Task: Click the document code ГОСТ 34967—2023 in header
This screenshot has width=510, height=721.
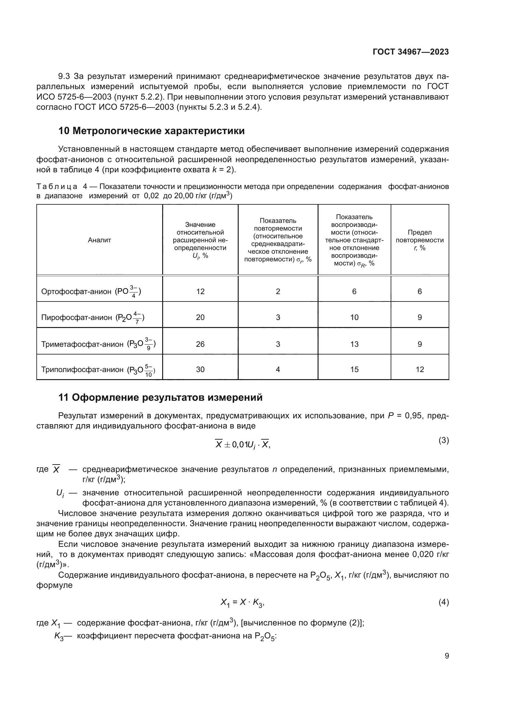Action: click(410, 52)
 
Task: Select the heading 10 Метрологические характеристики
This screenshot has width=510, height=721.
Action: click(151, 131)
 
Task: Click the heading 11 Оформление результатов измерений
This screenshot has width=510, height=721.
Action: click(160, 398)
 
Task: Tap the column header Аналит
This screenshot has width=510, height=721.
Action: click(99, 240)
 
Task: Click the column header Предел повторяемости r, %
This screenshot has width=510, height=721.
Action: click(420, 240)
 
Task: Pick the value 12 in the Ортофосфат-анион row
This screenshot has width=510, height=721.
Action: click(200, 291)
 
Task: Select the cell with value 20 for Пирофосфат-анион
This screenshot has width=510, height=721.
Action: click(200, 317)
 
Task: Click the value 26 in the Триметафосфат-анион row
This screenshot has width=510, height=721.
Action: click(200, 344)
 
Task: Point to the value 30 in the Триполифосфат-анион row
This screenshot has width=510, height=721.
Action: click(200, 370)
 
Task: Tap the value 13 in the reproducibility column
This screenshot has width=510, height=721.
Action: click(354, 344)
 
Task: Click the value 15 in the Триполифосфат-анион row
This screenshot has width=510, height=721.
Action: click(354, 370)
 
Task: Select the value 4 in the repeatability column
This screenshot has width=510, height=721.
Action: click(278, 370)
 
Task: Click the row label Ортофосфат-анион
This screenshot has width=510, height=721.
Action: click(76, 291)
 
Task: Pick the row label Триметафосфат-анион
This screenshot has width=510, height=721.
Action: click(82, 344)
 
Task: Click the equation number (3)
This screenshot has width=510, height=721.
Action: click(443, 440)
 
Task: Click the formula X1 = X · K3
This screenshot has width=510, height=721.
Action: click(242, 602)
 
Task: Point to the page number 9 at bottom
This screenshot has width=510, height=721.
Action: click(446, 656)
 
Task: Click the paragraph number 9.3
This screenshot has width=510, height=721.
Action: click(64, 76)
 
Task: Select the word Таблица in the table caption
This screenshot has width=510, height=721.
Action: click(57, 186)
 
